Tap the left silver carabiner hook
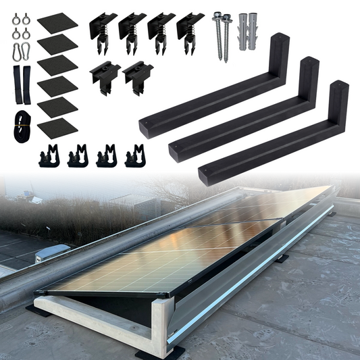15,51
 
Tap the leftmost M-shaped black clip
47,157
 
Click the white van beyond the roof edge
51,253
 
